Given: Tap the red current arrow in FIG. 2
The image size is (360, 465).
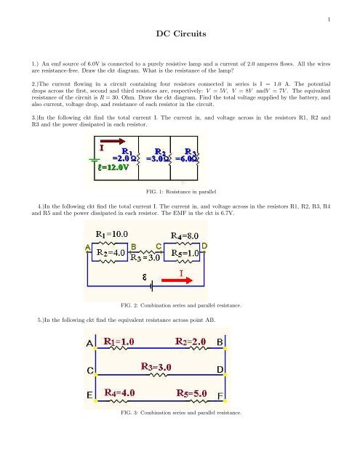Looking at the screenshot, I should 183,275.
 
